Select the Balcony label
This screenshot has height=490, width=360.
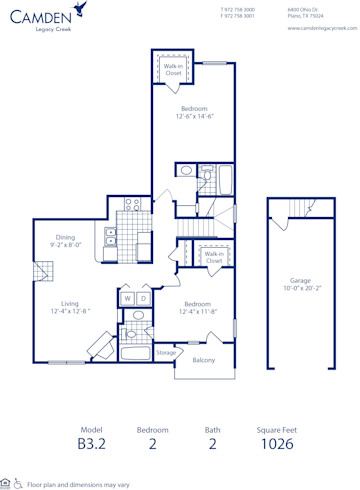point(203,360)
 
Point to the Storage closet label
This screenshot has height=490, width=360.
point(166,352)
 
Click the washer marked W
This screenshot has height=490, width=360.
point(128,298)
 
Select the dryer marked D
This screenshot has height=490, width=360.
point(143,298)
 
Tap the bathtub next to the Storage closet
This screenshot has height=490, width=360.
point(135,353)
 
